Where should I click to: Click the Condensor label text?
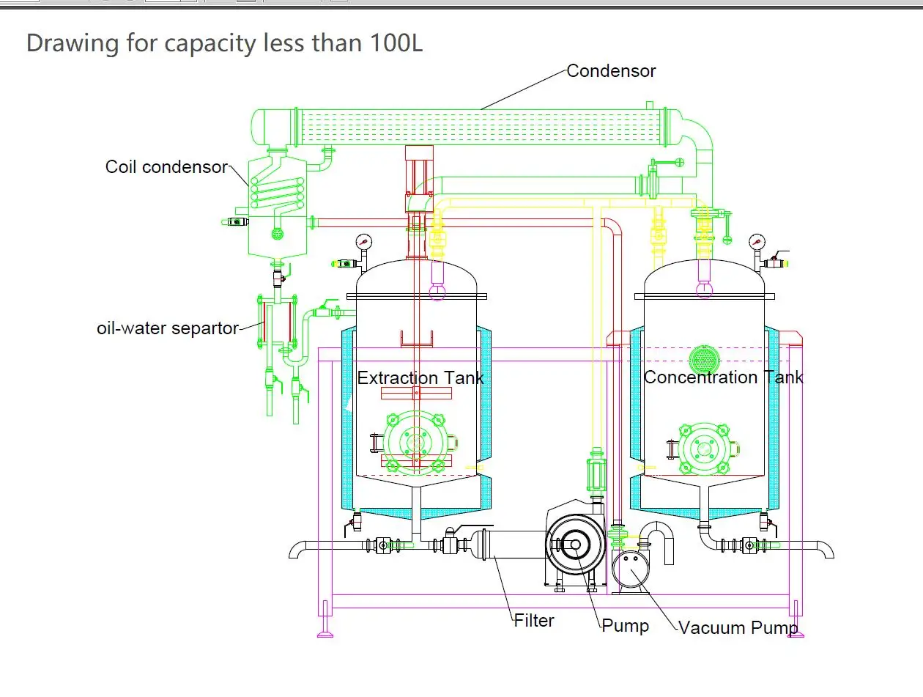click(611, 71)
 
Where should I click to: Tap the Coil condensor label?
click(166, 167)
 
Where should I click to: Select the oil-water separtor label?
click(168, 328)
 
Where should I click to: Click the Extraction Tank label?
click(420, 378)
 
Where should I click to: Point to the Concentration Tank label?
click(722, 377)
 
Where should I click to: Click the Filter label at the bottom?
click(533, 621)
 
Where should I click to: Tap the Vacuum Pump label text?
click(737, 628)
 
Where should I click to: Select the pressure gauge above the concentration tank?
click(756, 240)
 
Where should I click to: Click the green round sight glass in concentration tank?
click(705, 358)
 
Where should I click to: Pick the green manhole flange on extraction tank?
click(416, 442)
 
